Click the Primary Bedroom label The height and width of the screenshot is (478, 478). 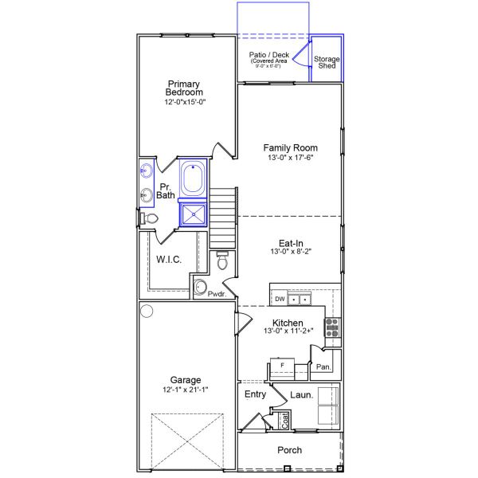click(184, 88)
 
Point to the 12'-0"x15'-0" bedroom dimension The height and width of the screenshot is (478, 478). click(185, 103)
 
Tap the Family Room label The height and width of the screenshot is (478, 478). click(291, 147)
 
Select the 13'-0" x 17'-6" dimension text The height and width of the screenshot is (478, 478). click(291, 159)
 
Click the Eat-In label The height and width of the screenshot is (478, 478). click(291, 244)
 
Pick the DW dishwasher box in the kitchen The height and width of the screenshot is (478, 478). click(280, 300)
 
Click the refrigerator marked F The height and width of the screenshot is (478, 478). click(281, 365)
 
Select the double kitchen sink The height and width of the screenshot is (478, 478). click(300, 300)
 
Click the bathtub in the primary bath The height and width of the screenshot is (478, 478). click(193, 178)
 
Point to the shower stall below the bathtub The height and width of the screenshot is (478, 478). click(193, 214)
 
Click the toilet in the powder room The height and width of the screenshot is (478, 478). click(223, 260)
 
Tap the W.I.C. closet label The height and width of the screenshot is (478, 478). click(170, 259)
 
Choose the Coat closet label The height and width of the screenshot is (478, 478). click(284, 420)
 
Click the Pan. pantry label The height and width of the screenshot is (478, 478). click(323, 367)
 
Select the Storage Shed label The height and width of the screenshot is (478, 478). click(327, 62)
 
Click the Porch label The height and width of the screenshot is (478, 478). click(289, 450)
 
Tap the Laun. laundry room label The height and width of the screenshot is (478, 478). click(301, 394)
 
